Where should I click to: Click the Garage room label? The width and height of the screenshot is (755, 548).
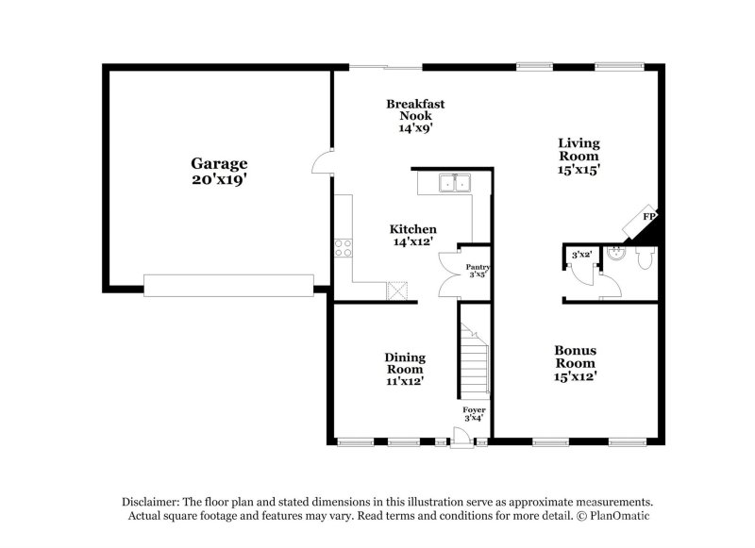(x=220, y=163)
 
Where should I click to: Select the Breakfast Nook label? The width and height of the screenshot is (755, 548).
(x=415, y=109)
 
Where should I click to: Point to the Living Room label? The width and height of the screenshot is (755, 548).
(x=579, y=149)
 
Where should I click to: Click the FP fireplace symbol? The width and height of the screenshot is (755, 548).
(x=648, y=217)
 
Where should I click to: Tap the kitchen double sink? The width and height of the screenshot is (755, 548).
(x=453, y=183)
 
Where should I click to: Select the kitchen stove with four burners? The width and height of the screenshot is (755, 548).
(x=343, y=249)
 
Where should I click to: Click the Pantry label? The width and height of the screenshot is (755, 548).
(x=478, y=268)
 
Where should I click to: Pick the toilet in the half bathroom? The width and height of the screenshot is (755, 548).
(x=645, y=257)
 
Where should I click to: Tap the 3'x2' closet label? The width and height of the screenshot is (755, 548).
(x=581, y=255)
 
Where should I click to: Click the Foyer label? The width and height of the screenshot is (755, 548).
(x=474, y=410)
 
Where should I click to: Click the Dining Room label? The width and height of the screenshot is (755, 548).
(x=405, y=363)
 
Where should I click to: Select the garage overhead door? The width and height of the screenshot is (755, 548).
(x=228, y=285)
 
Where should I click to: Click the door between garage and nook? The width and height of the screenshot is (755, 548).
(x=324, y=162)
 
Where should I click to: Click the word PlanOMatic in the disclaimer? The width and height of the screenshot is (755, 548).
(x=619, y=516)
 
